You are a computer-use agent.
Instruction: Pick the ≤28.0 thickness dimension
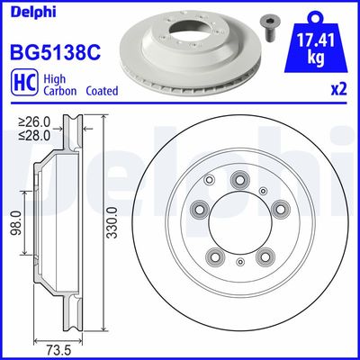point(37,136)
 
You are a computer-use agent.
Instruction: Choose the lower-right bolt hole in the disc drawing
point(265,257)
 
